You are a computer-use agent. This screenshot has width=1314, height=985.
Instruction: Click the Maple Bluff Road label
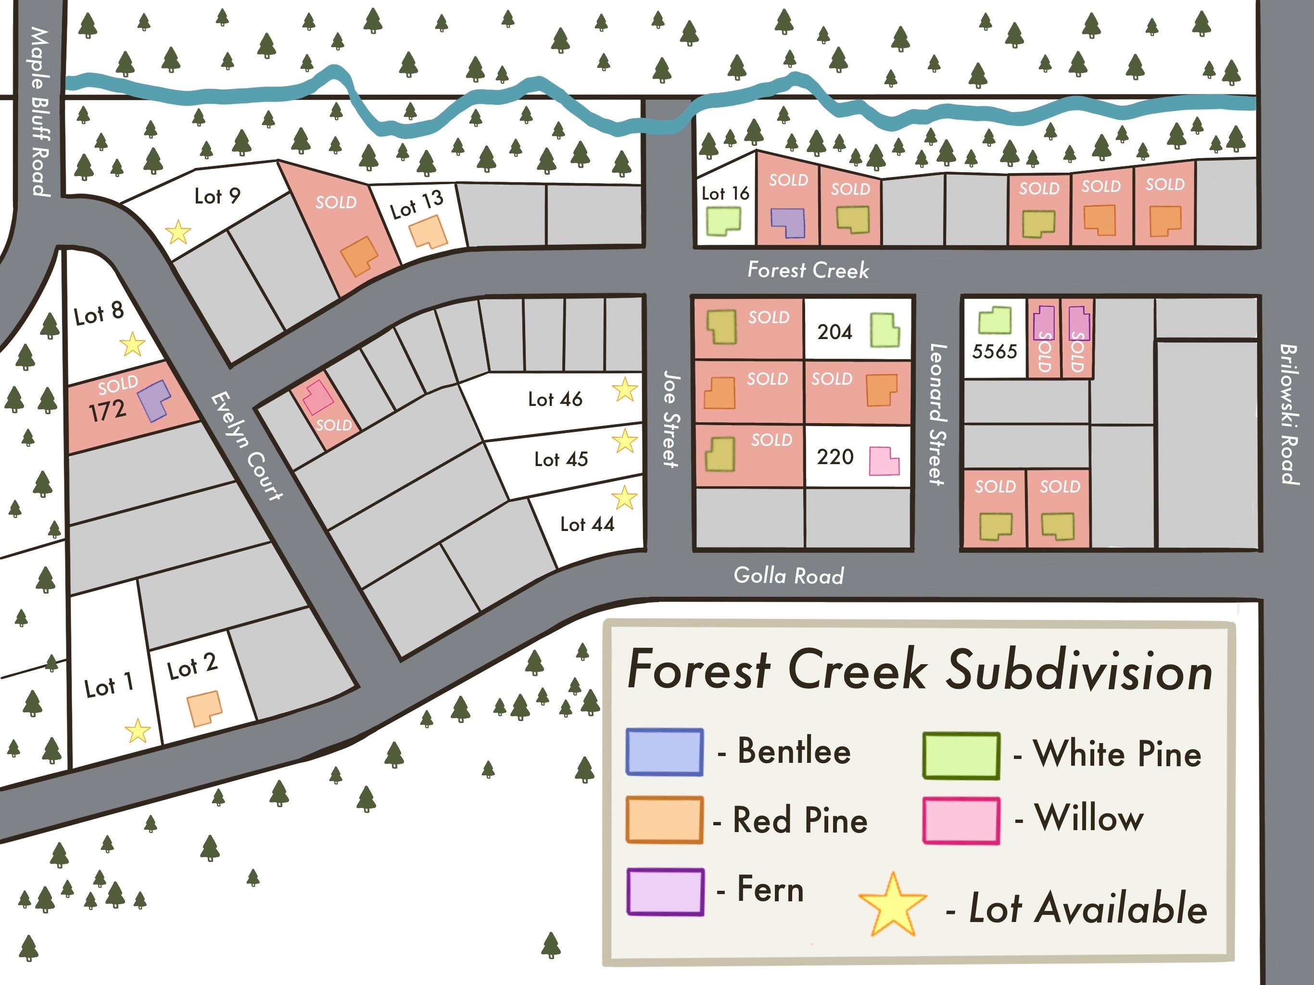(40, 111)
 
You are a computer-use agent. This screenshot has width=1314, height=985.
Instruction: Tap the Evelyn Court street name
(247, 445)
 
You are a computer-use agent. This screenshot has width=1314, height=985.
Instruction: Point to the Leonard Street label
(937, 414)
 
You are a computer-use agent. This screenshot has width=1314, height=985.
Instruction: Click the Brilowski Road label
(1288, 414)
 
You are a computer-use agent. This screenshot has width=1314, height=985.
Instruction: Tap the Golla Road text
(788, 575)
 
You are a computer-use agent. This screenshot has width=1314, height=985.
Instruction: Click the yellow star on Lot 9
(177, 232)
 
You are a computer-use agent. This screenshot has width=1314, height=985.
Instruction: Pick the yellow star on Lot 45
(624, 442)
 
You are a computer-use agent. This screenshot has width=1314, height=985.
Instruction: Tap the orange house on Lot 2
(204, 708)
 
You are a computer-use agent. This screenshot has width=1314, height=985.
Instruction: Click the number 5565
(994, 351)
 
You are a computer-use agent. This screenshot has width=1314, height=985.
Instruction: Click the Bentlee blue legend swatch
(664, 752)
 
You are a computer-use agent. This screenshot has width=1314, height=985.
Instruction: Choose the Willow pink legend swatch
(960, 821)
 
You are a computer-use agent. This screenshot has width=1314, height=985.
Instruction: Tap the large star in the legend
(892, 905)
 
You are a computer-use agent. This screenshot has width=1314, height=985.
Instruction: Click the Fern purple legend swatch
(665, 892)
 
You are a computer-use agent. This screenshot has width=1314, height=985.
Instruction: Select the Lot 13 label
(417, 204)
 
